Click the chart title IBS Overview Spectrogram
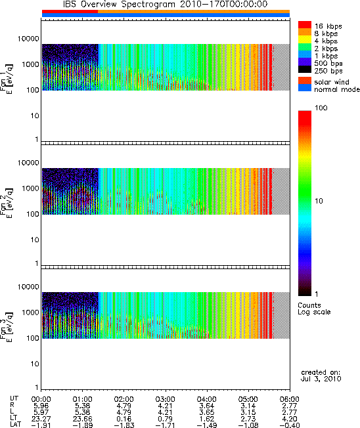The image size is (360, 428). [119, 4]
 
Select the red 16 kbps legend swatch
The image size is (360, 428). [305, 25]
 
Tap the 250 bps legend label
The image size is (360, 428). [328, 71]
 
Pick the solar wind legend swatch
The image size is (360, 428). [305, 81]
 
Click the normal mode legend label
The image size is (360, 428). [337, 89]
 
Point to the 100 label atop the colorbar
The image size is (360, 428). [321, 108]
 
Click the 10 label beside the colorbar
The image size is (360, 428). [319, 201]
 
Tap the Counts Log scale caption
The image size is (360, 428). [314, 309]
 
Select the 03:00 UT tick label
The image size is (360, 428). [165, 399]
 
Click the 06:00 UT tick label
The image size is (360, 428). [289, 399]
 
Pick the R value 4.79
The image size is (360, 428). [124, 406]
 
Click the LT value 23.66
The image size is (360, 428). [82, 419]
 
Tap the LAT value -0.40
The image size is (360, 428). [290, 425]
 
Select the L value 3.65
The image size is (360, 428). [207, 412]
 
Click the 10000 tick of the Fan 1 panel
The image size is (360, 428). [28, 39]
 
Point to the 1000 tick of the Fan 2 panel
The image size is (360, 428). [31, 188]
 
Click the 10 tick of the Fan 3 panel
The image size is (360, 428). [35, 364]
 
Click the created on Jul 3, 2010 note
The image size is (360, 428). [321, 375]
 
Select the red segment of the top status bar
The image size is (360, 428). [70, 11]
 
